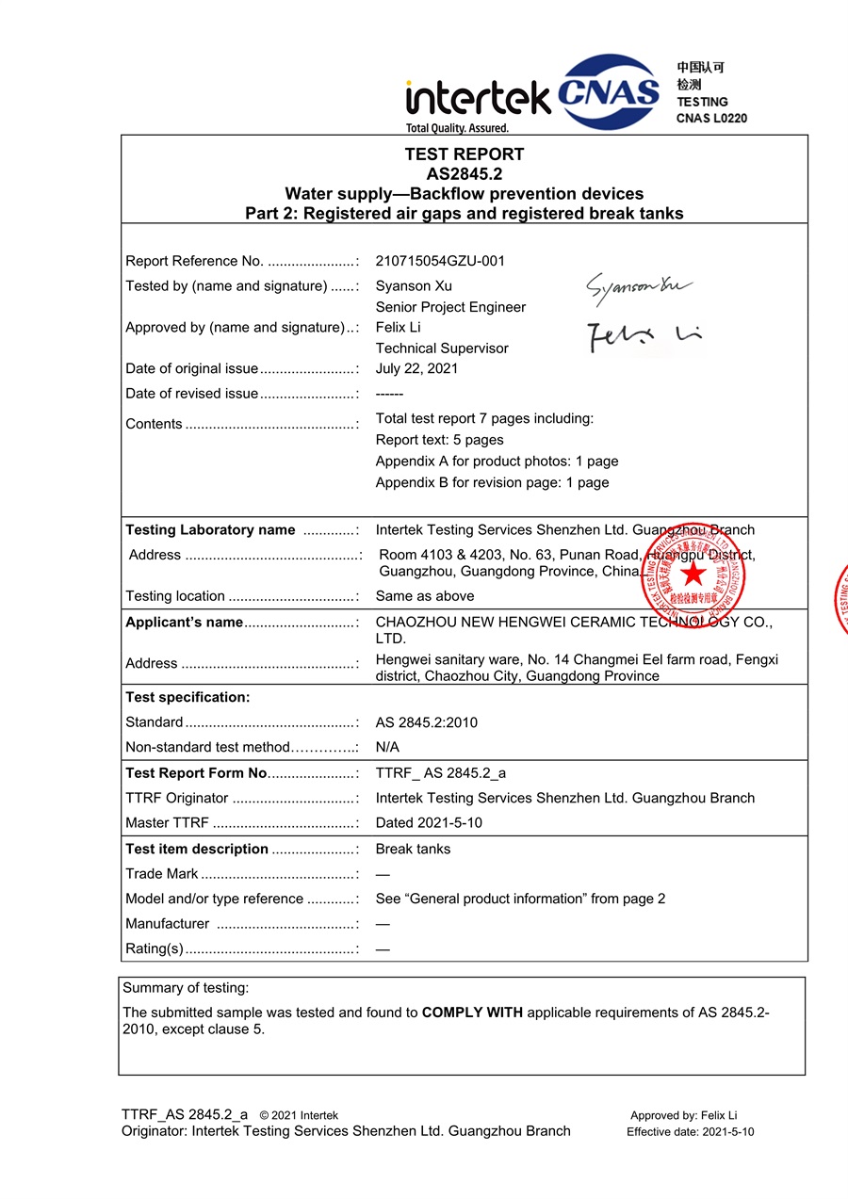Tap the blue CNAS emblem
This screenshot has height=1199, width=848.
(x=609, y=91)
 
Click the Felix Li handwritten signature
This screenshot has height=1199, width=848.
(x=644, y=335)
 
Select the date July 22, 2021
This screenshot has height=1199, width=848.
(x=416, y=368)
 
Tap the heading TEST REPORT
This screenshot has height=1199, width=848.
(x=465, y=154)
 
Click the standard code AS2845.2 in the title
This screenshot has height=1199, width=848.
(x=465, y=174)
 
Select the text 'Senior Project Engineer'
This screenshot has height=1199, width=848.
(x=450, y=307)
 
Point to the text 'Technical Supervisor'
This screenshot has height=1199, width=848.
(x=442, y=348)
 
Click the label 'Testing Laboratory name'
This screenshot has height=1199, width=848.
(x=210, y=530)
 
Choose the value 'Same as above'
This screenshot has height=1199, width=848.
(x=425, y=596)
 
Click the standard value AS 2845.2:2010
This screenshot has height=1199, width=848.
(x=426, y=722)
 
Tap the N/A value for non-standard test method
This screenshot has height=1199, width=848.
(x=387, y=747)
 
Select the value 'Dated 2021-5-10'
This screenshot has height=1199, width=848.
(x=429, y=822)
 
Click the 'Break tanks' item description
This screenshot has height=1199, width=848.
(x=413, y=849)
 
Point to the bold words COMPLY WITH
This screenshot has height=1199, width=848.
(x=472, y=1013)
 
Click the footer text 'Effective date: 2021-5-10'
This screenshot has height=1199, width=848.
(x=690, y=1132)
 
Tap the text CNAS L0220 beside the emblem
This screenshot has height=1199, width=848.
(x=711, y=119)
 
